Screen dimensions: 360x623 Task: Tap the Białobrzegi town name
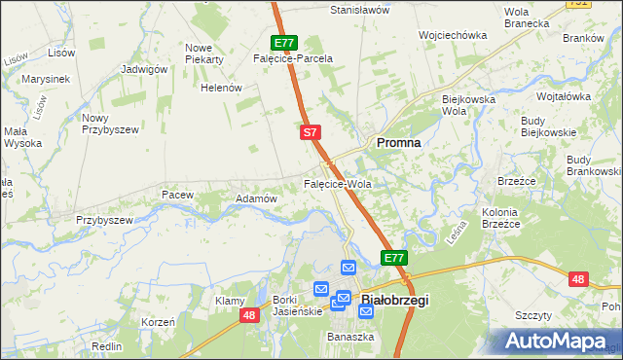click(x=395, y=301)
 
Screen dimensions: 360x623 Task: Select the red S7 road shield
click(x=310, y=130)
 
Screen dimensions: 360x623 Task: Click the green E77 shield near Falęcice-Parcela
click(x=284, y=43)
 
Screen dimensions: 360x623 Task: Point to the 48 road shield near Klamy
click(x=250, y=314)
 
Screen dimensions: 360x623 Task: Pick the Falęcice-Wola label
click(x=338, y=184)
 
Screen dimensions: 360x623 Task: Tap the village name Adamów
click(x=257, y=198)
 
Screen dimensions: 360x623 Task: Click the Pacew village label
click(x=178, y=195)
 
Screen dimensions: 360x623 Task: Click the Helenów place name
click(x=220, y=88)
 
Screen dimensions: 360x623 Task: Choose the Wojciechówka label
click(x=452, y=35)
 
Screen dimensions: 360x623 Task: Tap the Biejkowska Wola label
click(x=469, y=104)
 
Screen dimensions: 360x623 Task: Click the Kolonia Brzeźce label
click(x=501, y=218)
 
